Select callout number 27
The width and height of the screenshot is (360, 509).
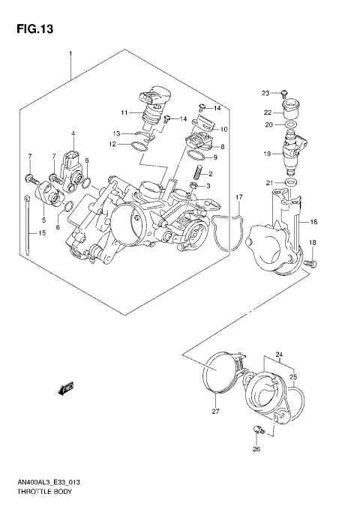click(215, 412)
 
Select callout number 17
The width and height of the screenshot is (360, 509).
click(238, 197)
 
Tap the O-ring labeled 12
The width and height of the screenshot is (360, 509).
click(136, 145)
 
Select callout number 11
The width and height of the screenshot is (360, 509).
click(124, 112)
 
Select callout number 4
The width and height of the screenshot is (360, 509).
click(73, 134)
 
